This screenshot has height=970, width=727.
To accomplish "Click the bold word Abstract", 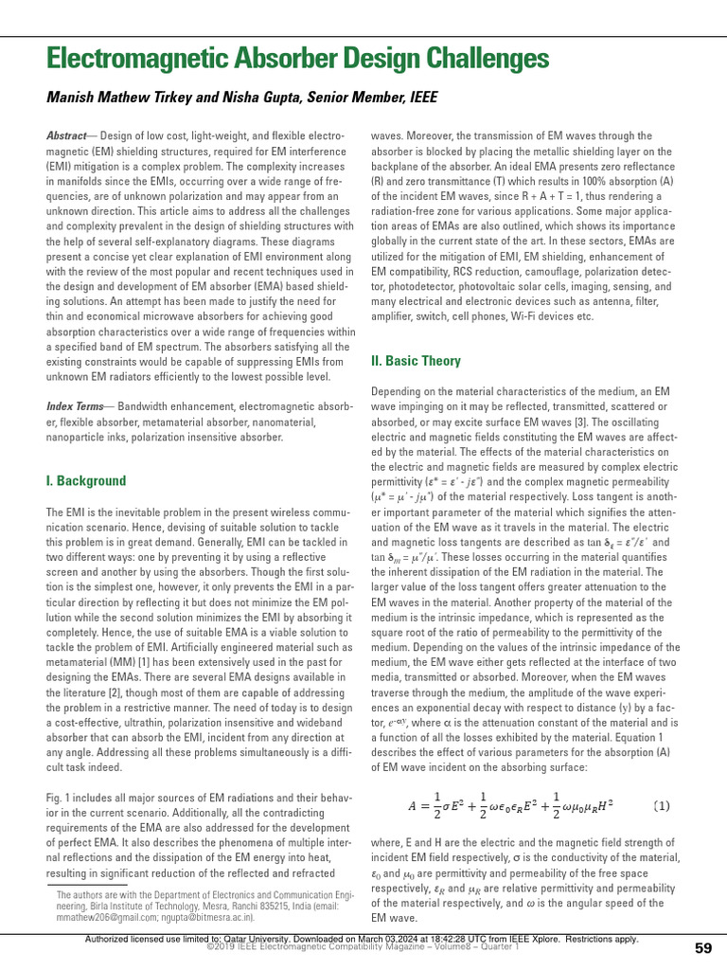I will (x=65, y=137).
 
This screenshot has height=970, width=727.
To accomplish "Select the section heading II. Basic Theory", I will (x=416, y=361).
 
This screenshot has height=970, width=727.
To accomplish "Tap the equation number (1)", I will (x=662, y=806).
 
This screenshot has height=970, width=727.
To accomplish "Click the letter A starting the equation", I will (x=413, y=807).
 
